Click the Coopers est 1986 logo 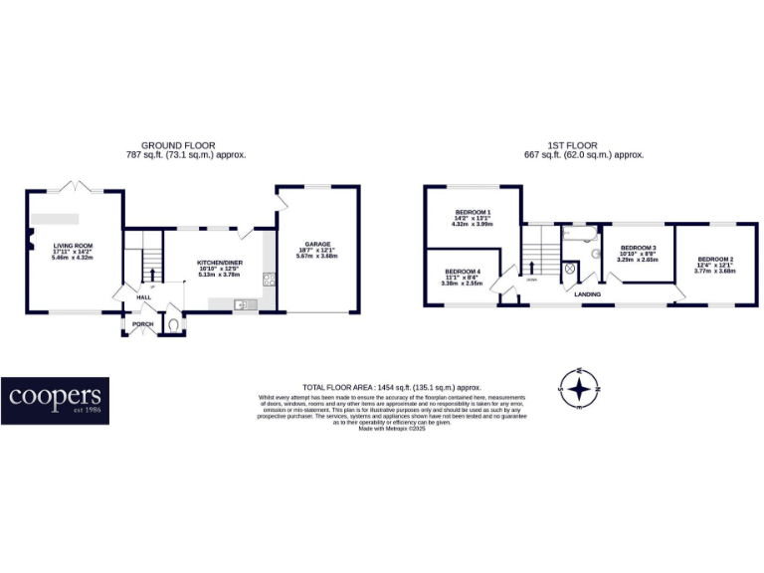[x=55, y=400]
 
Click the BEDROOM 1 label [x=474, y=212]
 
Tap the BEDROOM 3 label [x=638, y=247]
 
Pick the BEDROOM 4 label [x=463, y=272]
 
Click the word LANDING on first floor [x=588, y=292]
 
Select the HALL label [x=143, y=296]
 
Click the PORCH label [x=141, y=322]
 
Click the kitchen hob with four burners [x=268, y=280]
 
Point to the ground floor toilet [x=172, y=323]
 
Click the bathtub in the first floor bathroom [x=576, y=234]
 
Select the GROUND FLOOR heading [x=178, y=145]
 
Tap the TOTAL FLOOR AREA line [x=391, y=387]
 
